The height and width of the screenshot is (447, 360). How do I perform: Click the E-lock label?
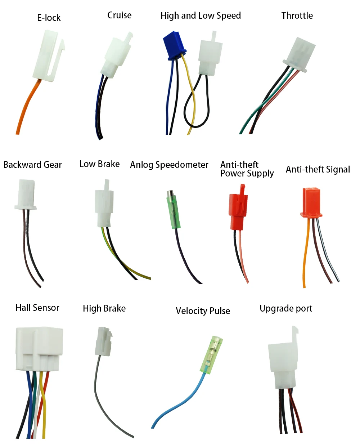coord(49,18)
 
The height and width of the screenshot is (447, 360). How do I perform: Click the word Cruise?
coord(119,15)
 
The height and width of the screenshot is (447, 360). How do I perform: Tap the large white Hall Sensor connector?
coord(39,349)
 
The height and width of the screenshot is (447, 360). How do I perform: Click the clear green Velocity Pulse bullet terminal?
coord(211,355)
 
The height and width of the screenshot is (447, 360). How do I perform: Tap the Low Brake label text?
coord(99,164)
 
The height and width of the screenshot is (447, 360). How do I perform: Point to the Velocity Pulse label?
coord(203,311)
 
